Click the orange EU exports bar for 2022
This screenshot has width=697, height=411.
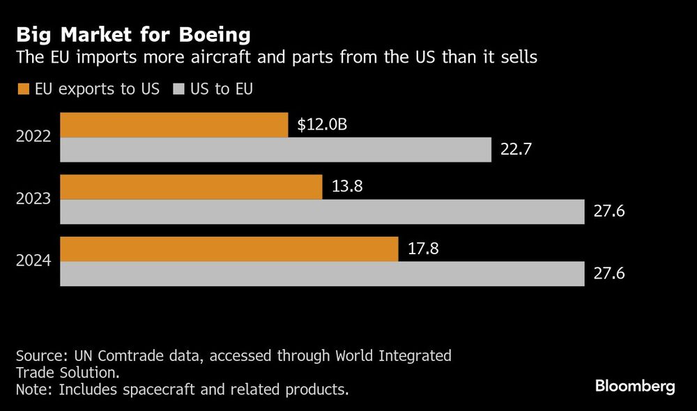(174, 125)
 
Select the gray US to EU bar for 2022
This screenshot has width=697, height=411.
(276, 150)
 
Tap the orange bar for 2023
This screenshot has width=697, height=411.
(191, 187)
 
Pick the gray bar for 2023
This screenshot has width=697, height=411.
(322, 212)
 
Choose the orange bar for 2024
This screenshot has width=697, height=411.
(229, 249)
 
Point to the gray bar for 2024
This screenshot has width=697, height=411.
(322, 274)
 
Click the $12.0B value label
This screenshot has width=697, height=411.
(321, 125)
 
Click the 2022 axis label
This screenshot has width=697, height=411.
(33, 137)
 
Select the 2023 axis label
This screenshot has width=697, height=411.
(33, 199)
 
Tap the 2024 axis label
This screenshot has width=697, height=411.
(33, 261)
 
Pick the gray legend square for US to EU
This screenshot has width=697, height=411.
(177, 89)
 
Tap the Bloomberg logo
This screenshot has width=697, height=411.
(635, 387)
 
